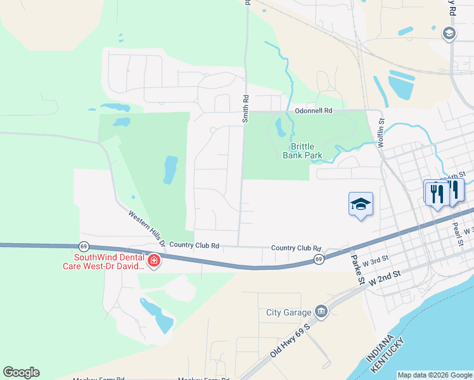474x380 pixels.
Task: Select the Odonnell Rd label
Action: [313, 111]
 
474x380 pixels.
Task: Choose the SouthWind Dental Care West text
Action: [109, 262]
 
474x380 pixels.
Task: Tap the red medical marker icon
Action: [153, 261]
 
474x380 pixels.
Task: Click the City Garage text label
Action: [288, 312]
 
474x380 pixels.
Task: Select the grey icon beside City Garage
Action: [321, 312]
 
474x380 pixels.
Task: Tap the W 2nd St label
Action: [384, 275]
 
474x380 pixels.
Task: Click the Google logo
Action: [21, 372]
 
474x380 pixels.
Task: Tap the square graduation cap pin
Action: [361, 204]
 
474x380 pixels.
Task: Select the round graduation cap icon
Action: [449, 34]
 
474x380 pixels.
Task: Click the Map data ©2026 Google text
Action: [435, 375]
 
